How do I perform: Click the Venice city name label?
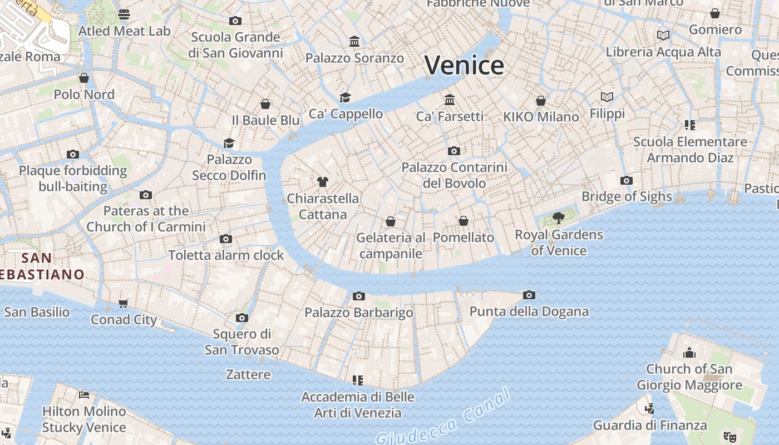click(464, 66)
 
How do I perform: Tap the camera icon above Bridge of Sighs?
click(627, 180)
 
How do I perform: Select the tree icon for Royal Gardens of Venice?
click(558, 217)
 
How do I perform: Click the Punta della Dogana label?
click(529, 311)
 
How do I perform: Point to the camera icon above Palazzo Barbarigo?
click(359, 296)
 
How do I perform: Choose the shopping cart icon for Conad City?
click(124, 303)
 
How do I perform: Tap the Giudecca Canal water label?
click(443, 418)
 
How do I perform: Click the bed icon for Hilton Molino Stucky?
click(84, 395)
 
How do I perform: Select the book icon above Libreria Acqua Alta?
click(663, 36)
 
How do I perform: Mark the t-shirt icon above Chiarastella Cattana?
click(322, 181)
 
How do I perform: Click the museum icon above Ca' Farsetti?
click(450, 100)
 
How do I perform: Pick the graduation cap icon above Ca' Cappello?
click(346, 97)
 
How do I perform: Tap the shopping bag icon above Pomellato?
click(464, 221)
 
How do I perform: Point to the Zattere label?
click(248, 374)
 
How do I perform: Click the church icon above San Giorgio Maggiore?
click(689, 352)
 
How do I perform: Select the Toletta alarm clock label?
click(226, 255)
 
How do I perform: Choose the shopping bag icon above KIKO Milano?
click(541, 101)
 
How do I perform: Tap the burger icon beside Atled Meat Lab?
click(124, 14)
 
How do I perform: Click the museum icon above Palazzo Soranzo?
click(354, 42)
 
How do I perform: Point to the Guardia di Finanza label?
click(650, 426)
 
